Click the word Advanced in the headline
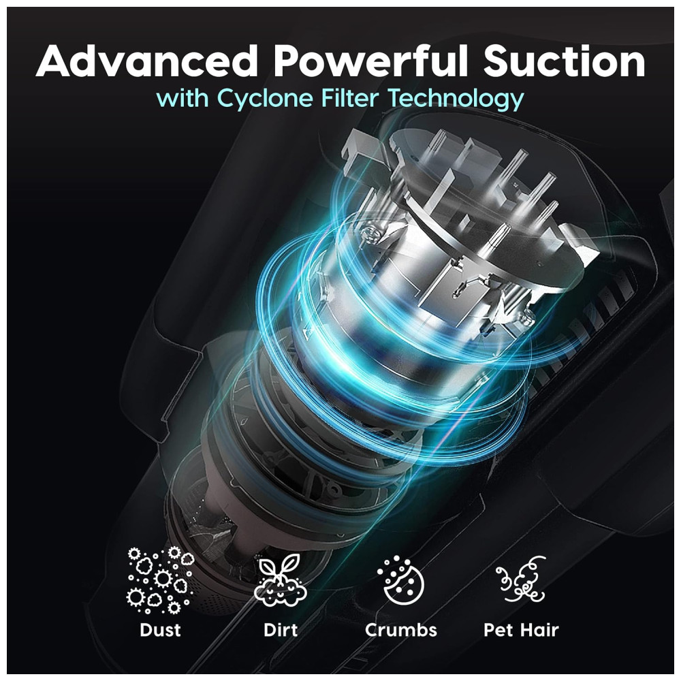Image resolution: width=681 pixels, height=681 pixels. click(147, 61)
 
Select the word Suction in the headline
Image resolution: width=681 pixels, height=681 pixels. click(565, 61)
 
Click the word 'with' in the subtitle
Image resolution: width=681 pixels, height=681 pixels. click(183, 97)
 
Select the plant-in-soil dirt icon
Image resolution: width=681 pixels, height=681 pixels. click(281, 581)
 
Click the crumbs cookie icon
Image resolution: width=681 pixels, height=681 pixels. click(400, 581)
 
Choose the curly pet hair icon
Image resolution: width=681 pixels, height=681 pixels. click(521, 580)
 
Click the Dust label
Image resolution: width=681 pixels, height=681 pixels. click(160, 630)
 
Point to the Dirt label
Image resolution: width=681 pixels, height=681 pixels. click(281, 630)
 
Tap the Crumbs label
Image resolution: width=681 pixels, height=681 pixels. click(401, 630)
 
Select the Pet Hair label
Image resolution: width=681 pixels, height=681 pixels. click(521, 630)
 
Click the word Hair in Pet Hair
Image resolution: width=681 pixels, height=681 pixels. click(539, 630)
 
